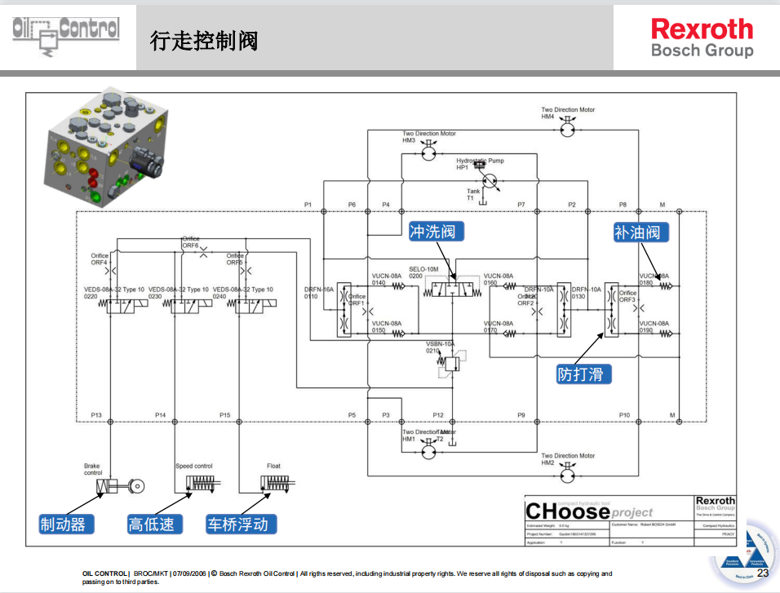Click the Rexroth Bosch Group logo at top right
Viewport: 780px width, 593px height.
coord(702,38)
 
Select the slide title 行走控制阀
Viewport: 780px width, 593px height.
coord(203,40)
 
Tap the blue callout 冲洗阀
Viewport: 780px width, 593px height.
coord(436,232)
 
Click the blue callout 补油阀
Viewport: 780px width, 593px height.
coord(641,232)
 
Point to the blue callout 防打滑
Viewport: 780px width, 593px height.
coord(583,374)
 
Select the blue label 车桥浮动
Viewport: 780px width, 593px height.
coord(241,524)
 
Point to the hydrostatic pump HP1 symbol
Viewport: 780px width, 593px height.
coord(490,180)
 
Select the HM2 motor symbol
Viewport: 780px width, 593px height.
coord(569,473)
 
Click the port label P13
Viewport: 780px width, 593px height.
coord(96,415)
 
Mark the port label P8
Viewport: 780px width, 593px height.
coord(623,204)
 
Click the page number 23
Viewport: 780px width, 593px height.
coord(763,573)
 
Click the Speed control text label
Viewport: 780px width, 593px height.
coord(194,466)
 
